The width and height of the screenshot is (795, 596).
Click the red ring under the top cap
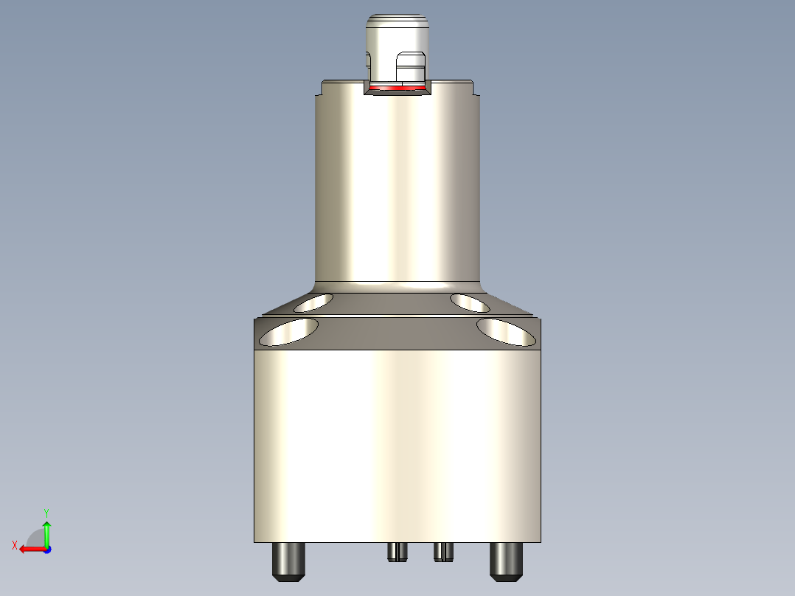tap(398, 89)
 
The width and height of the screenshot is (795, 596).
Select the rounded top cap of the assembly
tap(397, 30)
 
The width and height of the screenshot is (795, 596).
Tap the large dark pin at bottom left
tap(289, 561)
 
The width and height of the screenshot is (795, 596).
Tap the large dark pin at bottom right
tap(507, 561)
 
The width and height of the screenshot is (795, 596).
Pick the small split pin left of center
tap(397, 551)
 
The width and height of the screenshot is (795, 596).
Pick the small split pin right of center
tap(442, 551)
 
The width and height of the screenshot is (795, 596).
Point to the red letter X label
tap(15, 545)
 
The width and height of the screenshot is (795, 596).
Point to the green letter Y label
tap(46, 512)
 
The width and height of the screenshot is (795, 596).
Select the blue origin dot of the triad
tap(46, 549)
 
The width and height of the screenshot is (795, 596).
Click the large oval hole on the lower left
tap(289, 332)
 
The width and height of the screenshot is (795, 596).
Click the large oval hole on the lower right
tap(507, 332)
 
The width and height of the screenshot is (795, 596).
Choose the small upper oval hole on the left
tap(313, 302)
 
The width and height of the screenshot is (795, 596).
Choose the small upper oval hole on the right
tap(471, 302)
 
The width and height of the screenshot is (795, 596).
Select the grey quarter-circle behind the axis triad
tap(35, 538)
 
